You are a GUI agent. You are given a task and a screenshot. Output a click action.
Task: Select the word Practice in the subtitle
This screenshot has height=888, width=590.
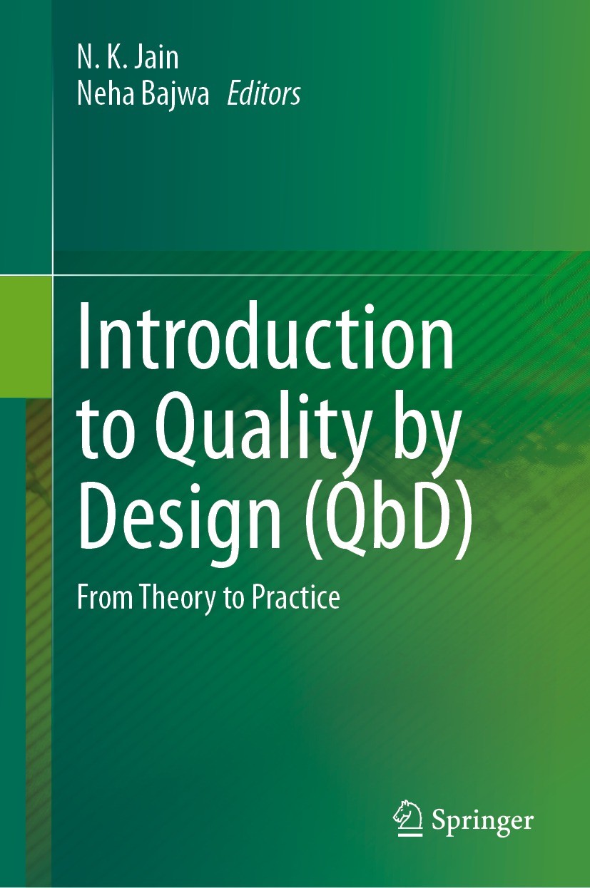295,597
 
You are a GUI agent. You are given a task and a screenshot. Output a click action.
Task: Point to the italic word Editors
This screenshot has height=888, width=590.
263,93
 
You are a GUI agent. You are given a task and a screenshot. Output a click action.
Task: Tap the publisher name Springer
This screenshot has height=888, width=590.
482,821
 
